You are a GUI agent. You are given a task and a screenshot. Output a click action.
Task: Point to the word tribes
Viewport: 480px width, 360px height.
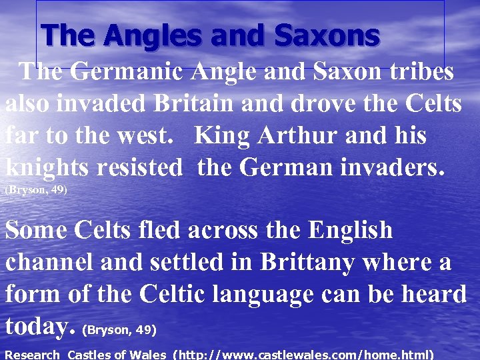(419, 73)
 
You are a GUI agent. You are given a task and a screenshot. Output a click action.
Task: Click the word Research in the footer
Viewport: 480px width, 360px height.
(32, 355)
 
